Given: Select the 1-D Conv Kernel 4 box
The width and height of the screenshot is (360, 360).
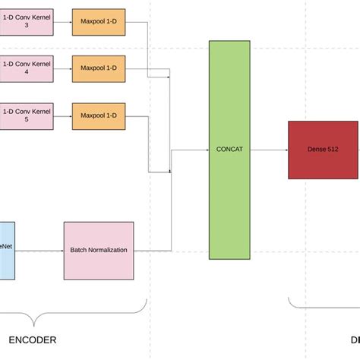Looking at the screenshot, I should tap(26, 68).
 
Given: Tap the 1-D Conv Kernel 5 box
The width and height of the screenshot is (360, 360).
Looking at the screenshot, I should tap(26, 115).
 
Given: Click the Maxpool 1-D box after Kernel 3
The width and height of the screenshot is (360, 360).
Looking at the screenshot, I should tap(99, 21).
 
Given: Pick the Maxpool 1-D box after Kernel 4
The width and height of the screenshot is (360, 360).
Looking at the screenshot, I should tap(99, 68).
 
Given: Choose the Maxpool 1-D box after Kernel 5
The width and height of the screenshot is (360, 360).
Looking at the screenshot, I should tap(99, 115).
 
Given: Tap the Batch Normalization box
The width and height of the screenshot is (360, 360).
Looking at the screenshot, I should tap(99, 249).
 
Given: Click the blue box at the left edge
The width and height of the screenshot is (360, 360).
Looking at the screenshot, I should tap(6, 249).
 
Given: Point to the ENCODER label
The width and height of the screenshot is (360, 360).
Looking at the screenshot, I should tap(32, 339).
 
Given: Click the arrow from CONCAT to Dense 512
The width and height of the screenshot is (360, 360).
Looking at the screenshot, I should tap(269, 150).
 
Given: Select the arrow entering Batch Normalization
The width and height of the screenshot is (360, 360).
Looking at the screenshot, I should tap(39, 249).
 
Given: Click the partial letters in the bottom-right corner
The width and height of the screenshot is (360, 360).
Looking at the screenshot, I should tap(354, 339).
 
